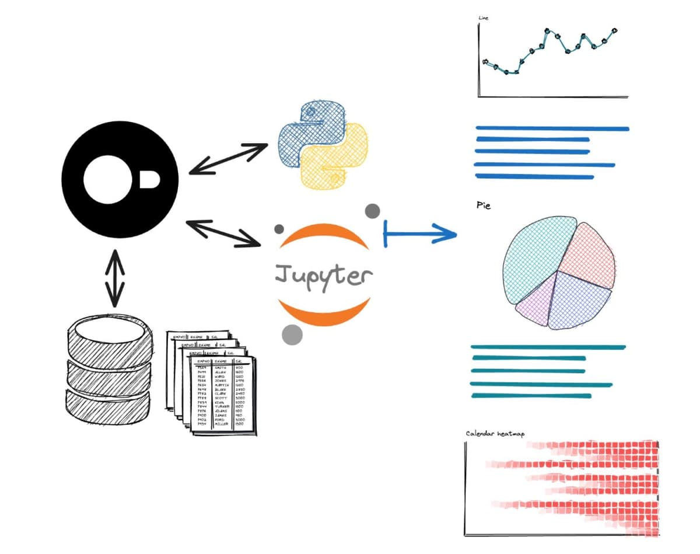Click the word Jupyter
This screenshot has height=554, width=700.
point(323,274)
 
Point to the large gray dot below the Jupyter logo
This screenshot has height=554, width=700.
point(292,334)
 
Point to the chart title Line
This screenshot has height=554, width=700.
point(483,18)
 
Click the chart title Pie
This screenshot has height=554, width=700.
point(484,206)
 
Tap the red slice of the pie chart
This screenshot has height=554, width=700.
point(589,251)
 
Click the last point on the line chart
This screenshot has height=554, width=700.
point(614,30)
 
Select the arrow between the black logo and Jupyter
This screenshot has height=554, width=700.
point(223,232)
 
